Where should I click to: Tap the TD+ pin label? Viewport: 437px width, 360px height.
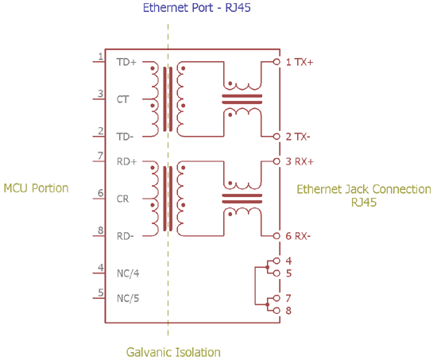126,62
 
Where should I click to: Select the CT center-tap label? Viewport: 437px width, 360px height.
122,100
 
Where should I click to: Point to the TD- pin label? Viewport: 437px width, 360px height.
126,136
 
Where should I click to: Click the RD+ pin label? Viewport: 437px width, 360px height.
127,161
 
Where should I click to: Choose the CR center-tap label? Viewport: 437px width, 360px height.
122,198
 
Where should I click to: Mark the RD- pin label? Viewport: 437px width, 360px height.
126,235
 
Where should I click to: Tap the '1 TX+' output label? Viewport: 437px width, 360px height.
300,62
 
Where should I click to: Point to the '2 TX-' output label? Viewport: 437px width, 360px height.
298,137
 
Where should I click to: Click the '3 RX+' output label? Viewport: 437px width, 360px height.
300,161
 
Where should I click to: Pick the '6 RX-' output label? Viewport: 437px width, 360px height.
298,236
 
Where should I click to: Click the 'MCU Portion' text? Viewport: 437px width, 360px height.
36,188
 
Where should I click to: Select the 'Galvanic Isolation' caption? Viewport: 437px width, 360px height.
173,351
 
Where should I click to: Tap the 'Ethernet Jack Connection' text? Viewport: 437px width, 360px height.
364,190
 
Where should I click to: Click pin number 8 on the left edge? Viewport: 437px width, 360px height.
101,230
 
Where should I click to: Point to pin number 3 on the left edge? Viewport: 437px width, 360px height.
100,94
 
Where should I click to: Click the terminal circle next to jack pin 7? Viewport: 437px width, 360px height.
276,298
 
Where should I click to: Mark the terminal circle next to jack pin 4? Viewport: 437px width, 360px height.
276,261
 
